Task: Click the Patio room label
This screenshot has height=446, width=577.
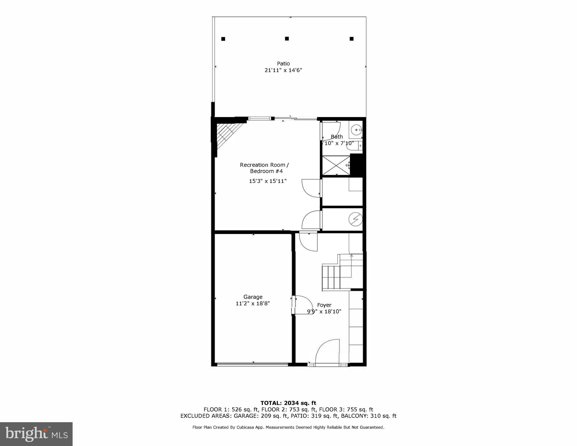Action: point(283,64)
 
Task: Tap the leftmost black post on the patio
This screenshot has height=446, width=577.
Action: point(223,39)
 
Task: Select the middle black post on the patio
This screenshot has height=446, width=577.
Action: point(287,39)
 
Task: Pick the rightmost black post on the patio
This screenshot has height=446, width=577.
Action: point(351,39)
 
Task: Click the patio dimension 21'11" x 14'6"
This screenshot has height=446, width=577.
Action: point(283,70)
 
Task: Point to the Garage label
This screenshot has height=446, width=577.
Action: point(253,297)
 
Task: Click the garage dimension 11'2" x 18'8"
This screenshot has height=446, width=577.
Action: point(253,304)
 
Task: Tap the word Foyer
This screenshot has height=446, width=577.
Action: point(324,305)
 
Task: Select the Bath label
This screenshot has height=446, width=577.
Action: point(337,137)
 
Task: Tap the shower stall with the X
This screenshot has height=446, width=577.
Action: point(336,166)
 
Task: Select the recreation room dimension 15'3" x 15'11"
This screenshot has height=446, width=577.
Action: point(267,181)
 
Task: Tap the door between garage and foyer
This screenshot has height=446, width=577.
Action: point(302,305)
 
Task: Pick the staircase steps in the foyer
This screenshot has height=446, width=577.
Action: point(331,276)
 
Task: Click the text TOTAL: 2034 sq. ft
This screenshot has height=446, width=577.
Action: point(288,403)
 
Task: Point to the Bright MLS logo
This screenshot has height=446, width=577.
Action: point(36,434)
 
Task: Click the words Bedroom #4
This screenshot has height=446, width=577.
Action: point(266,171)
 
